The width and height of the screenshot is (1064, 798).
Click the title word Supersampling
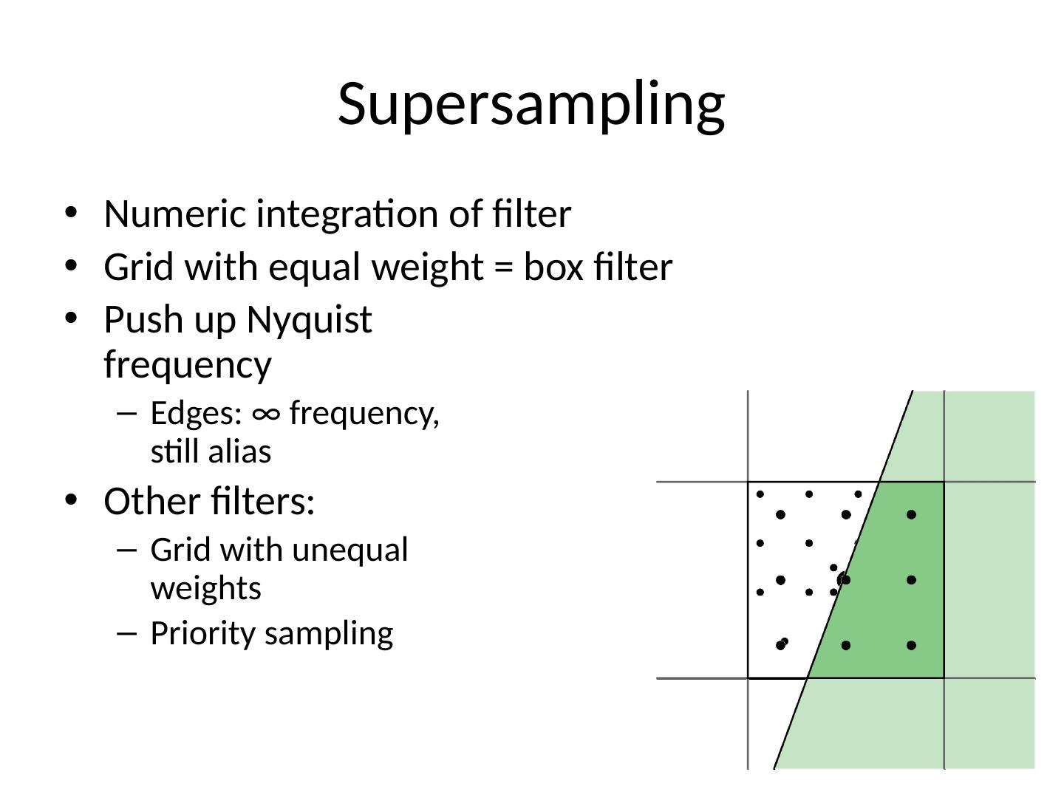click(531, 103)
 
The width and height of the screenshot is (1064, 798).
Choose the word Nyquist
click(309, 321)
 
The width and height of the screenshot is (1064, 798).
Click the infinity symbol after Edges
click(266, 413)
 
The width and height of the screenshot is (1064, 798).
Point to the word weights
click(206, 589)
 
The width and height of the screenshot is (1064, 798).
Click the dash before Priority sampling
click(127, 633)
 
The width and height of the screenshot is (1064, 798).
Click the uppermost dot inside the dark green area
click(911, 514)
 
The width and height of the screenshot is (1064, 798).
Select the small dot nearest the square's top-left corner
click(760, 494)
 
